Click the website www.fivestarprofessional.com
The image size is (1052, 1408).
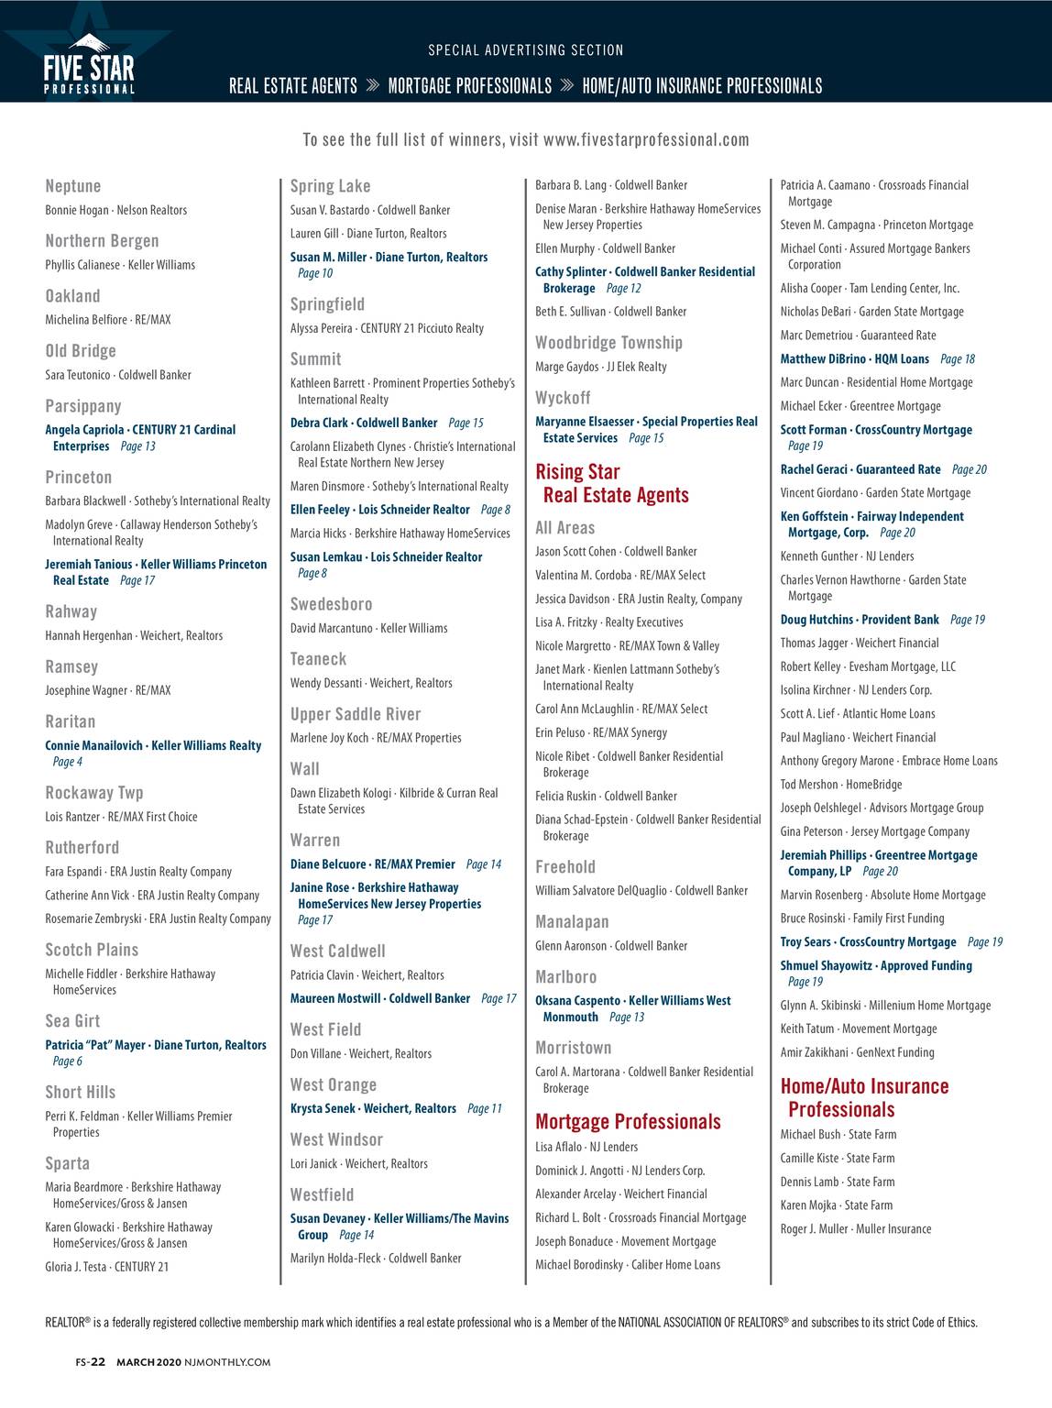pyautogui.click(x=646, y=140)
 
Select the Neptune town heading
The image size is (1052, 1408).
pyautogui.click(x=73, y=186)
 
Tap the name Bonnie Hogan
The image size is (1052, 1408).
pyautogui.click(x=77, y=210)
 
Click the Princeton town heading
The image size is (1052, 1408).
pyautogui.click(x=79, y=477)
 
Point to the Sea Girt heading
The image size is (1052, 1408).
pyautogui.click(x=72, y=1020)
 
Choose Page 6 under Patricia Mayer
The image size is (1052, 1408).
pyautogui.click(x=68, y=1061)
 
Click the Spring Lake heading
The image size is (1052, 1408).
pyautogui.click(x=330, y=186)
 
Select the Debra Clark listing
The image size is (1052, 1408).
pyautogui.click(x=364, y=423)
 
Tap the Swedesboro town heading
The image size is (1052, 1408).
pyautogui.click(x=331, y=604)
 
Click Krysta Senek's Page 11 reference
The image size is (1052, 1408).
pyautogui.click(x=484, y=1108)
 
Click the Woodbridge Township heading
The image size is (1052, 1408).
pyautogui.click(x=608, y=343)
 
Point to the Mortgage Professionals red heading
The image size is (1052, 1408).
pyautogui.click(x=628, y=1122)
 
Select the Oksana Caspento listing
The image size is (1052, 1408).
pyautogui.click(x=632, y=1001)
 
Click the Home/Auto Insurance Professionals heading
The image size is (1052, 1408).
pyautogui.click(x=864, y=1097)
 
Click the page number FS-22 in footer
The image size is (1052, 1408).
pyautogui.click(x=91, y=1362)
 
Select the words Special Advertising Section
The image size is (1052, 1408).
pyautogui.click(x=526, y=50)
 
